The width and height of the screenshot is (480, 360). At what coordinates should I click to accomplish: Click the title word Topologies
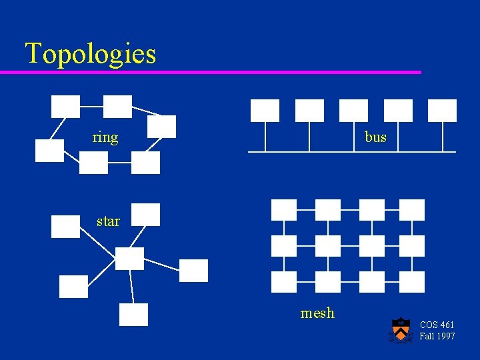91,53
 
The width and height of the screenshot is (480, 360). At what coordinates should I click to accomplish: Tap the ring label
105,138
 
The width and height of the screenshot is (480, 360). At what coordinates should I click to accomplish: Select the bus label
375,137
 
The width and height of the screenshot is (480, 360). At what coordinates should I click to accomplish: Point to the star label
108,221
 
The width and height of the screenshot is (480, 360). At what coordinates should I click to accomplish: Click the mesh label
317,313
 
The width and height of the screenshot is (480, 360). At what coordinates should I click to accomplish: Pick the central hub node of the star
129,259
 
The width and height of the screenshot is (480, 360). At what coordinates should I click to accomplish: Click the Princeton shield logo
400,330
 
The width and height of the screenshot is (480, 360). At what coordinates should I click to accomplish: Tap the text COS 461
437,325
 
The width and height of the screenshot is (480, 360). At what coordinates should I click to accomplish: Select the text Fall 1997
437,336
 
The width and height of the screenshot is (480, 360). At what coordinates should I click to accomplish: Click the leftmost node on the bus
265,111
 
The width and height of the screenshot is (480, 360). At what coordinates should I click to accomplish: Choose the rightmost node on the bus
442,111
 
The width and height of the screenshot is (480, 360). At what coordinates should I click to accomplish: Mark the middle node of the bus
353,111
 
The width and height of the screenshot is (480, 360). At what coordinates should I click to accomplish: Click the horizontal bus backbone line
352,152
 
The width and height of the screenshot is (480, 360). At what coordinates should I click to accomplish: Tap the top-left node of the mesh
284,210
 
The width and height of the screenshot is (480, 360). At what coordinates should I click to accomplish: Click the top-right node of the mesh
412,210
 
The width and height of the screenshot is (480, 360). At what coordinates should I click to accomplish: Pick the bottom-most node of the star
133,315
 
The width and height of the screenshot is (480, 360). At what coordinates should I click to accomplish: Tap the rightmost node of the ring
162,127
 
